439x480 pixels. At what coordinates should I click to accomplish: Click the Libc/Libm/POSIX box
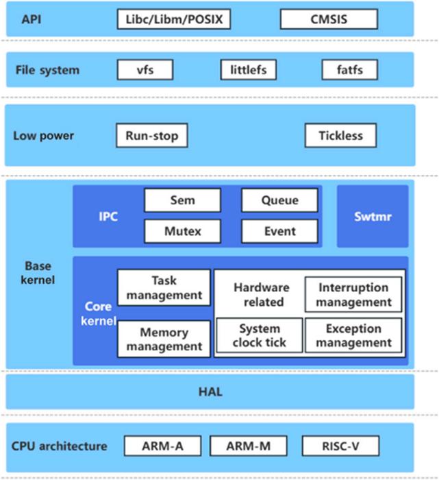click(174, 19)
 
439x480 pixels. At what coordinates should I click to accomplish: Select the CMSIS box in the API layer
click(329, 19)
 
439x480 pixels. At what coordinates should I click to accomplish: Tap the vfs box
click(145, 70)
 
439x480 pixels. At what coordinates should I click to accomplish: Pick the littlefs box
click(248, 70)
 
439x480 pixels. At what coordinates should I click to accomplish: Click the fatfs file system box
click(351, 70)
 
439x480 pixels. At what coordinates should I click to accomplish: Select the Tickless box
click(340, 136)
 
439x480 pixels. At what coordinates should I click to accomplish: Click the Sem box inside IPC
click(182, 200)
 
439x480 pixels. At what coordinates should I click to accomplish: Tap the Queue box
click(279, 200)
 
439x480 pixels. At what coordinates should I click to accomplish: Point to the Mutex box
click(182, 231)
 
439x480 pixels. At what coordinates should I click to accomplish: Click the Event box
click(279, 231)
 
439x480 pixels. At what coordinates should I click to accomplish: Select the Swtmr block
click(373, 216)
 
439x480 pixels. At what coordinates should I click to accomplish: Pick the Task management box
click(164, 288)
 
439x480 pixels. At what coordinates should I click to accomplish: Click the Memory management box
click(164, 339)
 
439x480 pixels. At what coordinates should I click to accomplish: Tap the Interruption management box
click(353, 294)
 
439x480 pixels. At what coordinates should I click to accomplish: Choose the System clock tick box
click(259, 335)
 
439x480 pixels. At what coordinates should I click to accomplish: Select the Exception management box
click(353, 335)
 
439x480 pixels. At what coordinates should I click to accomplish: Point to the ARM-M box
click(248, 447)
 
